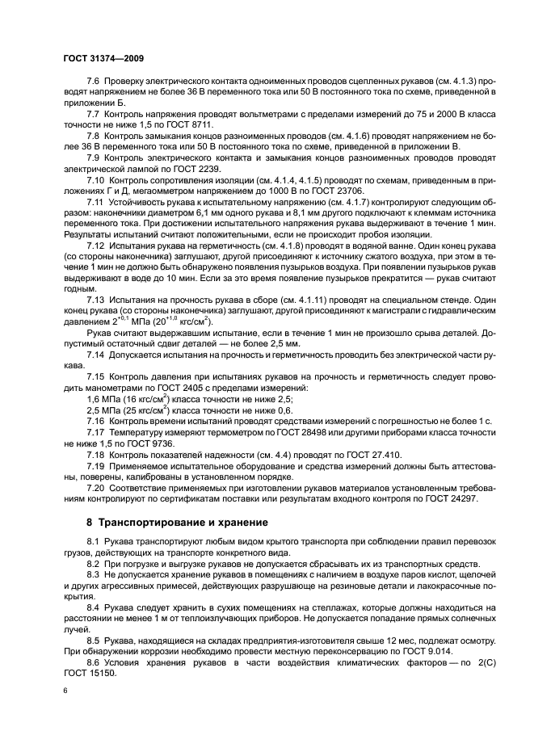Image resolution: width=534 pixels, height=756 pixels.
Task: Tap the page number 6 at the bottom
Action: click(65, 691)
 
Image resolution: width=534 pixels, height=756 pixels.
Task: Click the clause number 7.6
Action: click(94, 82)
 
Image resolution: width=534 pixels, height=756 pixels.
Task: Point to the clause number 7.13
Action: click(97, 298)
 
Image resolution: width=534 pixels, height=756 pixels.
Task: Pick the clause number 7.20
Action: click(97, 489)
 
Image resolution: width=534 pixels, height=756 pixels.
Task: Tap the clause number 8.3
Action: click(94, 572)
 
